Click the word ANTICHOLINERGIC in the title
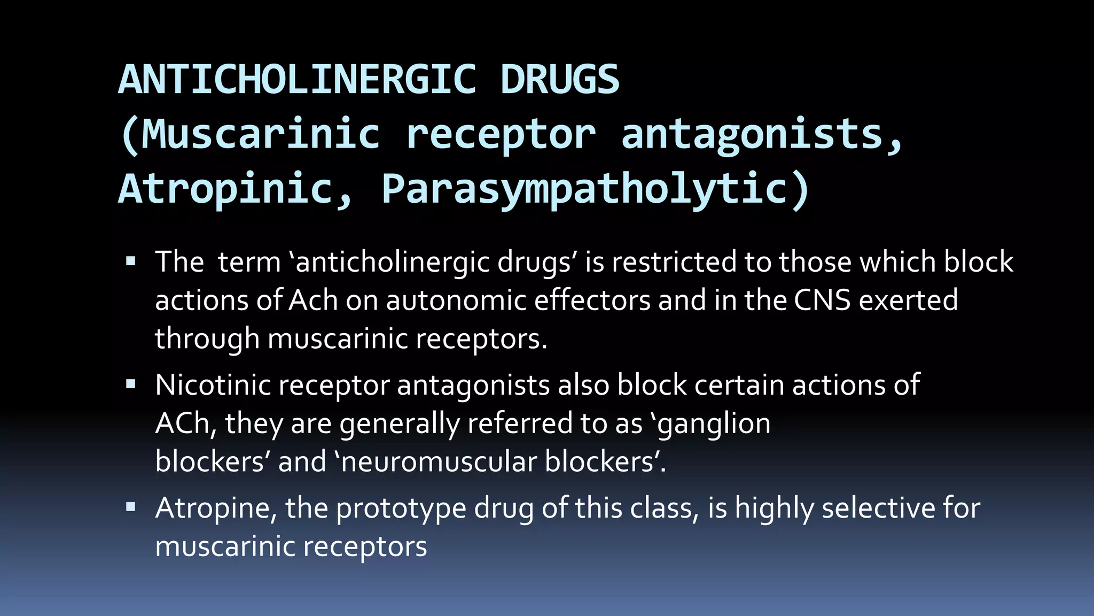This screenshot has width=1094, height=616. click(297, 80)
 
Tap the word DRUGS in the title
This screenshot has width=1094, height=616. click(560, 80)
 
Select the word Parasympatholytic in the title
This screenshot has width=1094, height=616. click(585, 189)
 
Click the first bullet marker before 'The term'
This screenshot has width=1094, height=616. click(131, 262)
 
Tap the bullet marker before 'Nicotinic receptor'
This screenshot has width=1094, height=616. click(131, 384)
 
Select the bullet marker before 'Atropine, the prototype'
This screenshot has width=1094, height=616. click(131, 507)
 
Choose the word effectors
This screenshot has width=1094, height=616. click(592, 301)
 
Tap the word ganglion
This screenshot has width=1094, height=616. click(713, 424)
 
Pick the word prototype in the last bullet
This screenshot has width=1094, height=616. click(401, 509)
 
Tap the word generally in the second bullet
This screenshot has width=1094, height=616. click(400, 424)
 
